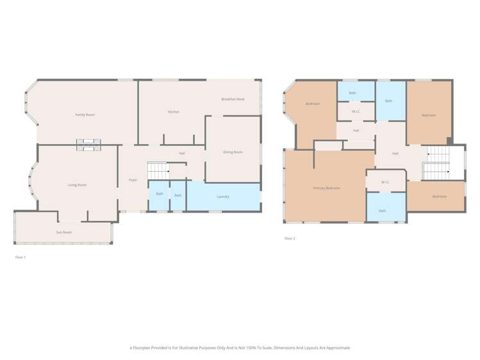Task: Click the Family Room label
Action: [85, 115]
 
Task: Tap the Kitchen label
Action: [174, 112]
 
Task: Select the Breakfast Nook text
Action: [233, 99]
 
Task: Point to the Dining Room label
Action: [233, 152]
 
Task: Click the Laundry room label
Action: [223, 197]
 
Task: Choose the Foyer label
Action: [133, 180]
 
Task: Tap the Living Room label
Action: [77, 185]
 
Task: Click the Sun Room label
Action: [63, 233]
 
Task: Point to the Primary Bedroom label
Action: [327, 188]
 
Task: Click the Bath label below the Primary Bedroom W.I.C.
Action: [382, 211]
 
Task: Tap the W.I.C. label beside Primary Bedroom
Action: [385, 182]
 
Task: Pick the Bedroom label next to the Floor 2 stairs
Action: [439, 196]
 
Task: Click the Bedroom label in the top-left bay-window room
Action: [313, 104]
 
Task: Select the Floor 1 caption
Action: [21, 257]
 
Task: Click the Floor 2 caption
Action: [290, 238]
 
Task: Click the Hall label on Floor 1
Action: [182, 153]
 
